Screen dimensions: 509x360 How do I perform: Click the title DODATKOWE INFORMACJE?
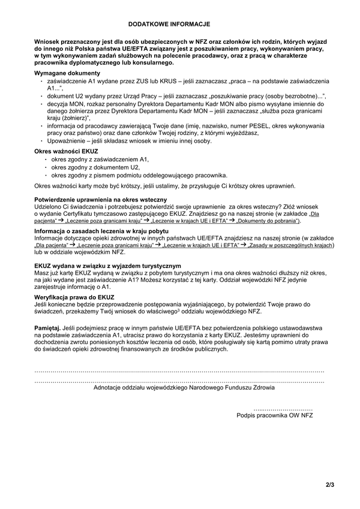(169, 24)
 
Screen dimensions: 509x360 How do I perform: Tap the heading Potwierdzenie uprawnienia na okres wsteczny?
(100, 198)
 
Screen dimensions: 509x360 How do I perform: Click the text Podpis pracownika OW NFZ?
(275, 414)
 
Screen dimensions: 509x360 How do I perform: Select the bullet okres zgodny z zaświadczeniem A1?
(99, 160)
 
